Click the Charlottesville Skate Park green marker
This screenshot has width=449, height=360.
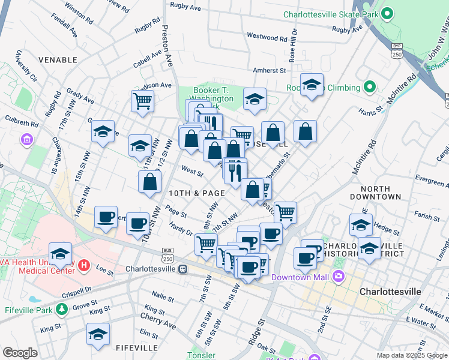pyautogui.click(x=387, y=13)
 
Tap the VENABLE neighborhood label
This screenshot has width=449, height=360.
pyautogui.click(x=58, y=60)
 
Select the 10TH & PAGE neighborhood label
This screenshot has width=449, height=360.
pyautogui.click(x=196, y=193)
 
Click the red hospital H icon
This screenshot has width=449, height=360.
pyautogui.click(x=84, y=265)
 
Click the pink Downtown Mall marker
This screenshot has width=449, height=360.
pyautogui.click(x=339, y=277)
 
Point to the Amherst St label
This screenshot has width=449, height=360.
pyautogui.click(x=269, y=70)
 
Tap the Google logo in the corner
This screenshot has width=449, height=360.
pyautogui.click(x=20, y=353)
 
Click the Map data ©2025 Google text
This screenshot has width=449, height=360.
pyautogui.click(x=412, y=355)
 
